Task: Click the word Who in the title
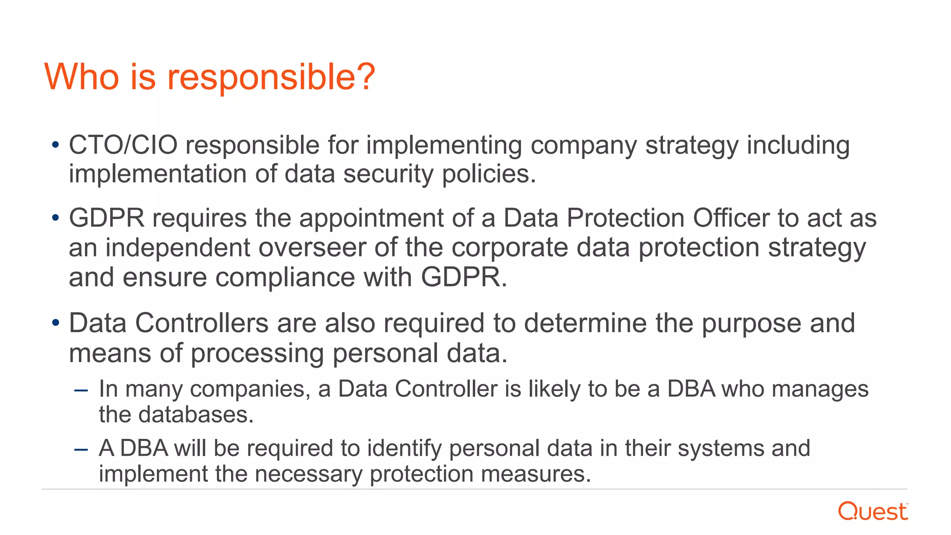tap(82, 77)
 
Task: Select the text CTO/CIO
tap(123, 145)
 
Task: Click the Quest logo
tap(873, 511)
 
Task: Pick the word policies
tap(489, 175)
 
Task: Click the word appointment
tap(371, 218)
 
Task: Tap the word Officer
tap(731, 218)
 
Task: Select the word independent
tap(177, 248)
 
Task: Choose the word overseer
tap(312, 248)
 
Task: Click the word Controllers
tap(202, 323)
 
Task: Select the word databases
tap(196, 414)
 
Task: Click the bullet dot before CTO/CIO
tap(56, 145)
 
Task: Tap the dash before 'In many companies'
tap(81, 390)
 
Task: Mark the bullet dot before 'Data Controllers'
tap(56, 323)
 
